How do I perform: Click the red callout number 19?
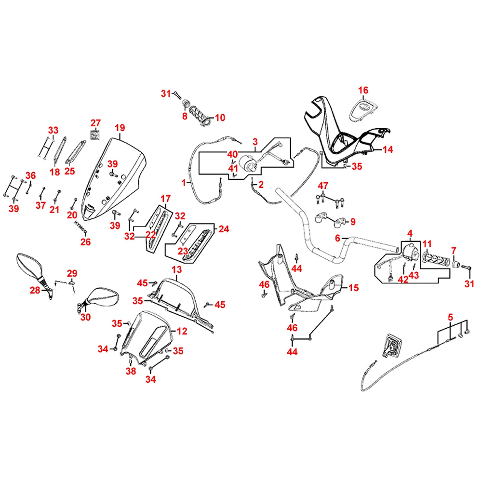click(x=120, y=128)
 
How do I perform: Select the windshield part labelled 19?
click(x=116, y=178)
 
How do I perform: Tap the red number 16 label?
click(x=363, y=90)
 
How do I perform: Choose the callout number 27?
click(x=95, y=122)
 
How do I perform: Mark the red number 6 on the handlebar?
click(x=338, y=238)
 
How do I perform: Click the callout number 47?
click(x=322, y=186)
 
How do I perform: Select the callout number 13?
click(x=176, y=269)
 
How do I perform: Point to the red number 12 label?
click(x=182, y=331)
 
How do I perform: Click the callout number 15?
click(x=354, y=288)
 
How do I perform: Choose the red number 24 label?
click(x=224, y=229)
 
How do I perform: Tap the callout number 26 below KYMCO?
click(x=85, y=242)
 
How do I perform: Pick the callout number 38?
click(x=130, y=371)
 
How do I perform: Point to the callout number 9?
click(x=353, y=222)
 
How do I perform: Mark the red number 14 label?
click(x=388, y=150)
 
